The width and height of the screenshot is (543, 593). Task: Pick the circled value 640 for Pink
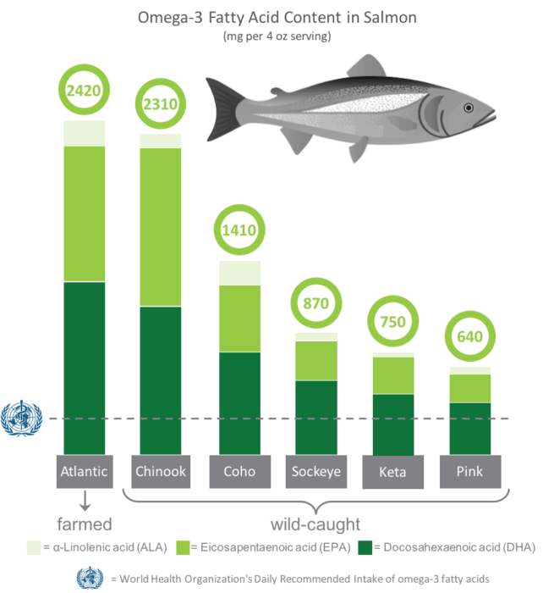[x=469, y=337]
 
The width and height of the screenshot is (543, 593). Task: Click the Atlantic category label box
[x=85, y=471]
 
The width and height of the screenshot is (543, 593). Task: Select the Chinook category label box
[x=161, y=471]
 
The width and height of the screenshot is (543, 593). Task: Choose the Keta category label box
[x=392, y=472]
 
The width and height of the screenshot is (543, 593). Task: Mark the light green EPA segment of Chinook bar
[x=161, y=220]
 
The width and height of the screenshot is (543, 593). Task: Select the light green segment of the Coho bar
[x=239, y=306]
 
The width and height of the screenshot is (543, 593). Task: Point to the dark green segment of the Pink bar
[x=469, y=428]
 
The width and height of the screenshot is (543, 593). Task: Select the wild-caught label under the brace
[x=315, y=523]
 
